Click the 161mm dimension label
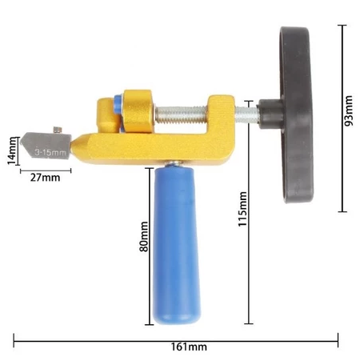[189, 347]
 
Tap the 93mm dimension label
[348, 110]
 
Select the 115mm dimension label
[242, 209]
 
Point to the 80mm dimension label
[144, 236]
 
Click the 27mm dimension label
[45, 178]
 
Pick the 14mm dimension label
[12, 150]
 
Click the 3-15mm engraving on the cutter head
[50, 153]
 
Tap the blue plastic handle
[176, 244]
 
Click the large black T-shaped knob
[296, 114]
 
